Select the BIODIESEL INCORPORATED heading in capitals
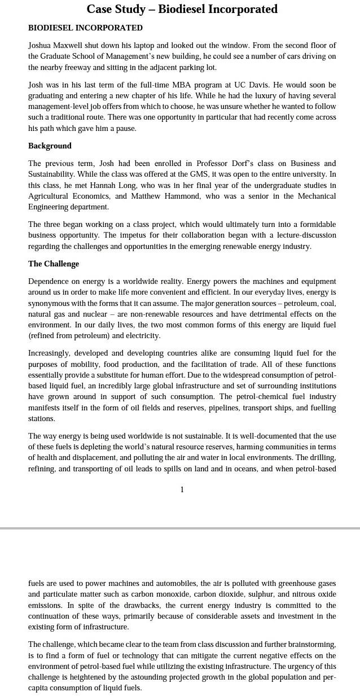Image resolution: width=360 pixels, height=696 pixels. (x=85, y=28)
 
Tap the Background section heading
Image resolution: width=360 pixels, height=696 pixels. (x=50, y=146)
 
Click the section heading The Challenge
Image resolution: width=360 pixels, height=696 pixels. (x=54, y=264)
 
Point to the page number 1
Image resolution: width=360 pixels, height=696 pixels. (x=182, y=489)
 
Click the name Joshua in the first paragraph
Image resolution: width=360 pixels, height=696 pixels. (x=41, y=45)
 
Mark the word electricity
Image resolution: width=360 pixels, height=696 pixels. (x=143, y=335)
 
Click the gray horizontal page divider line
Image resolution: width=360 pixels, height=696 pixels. (x=180, y=528)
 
